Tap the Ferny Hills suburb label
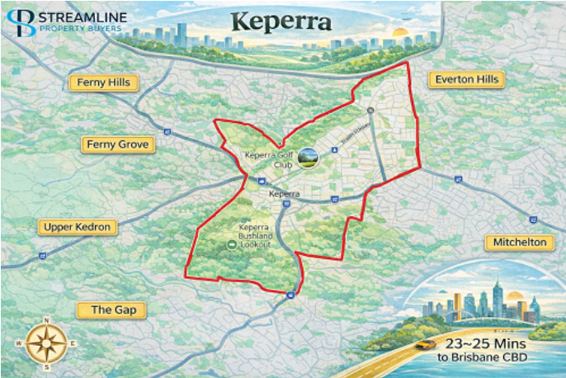[x=104, y=83]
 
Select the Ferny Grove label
[x=117, y=144]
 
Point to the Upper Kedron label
[x=78, y=227]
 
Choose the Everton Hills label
[x=465, y=79]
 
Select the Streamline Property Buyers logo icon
[x=26, y=22]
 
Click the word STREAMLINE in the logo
[x=80, y=17]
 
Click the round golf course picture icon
[x=309, y=157]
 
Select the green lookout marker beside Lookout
[x=232, y=245]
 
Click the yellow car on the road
[x=425, y=344]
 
